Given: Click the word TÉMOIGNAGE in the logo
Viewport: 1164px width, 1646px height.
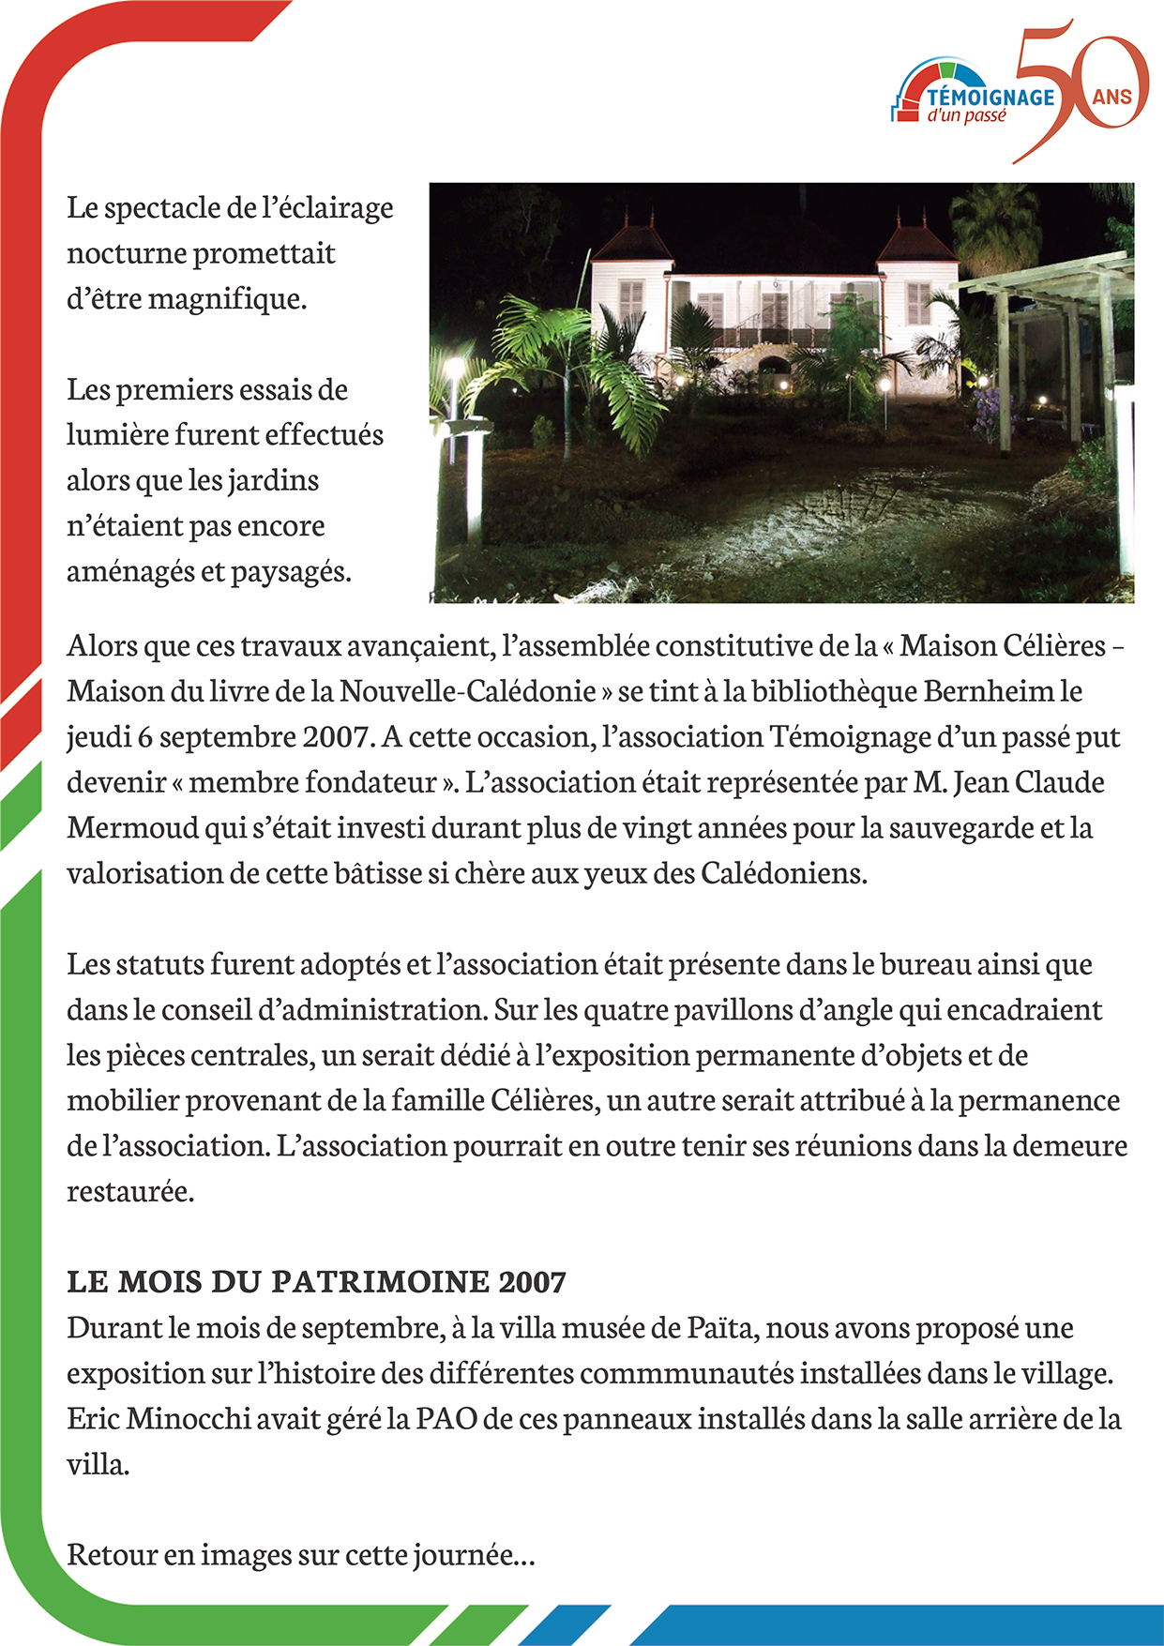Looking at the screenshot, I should [x=990, y=97].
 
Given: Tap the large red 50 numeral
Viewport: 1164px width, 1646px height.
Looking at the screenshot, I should [x=1079, y=89].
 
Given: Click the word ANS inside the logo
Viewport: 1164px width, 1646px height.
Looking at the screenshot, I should [x=1111, y=97].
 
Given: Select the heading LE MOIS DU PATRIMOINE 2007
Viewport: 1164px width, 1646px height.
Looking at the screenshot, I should [x=316, y=1281].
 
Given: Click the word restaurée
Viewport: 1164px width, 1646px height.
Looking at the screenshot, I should [x=129, y=1191].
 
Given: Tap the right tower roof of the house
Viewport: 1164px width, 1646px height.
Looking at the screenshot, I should [x=916, y=242].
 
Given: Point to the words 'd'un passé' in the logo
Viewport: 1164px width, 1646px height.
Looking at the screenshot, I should [x=966, y=116].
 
